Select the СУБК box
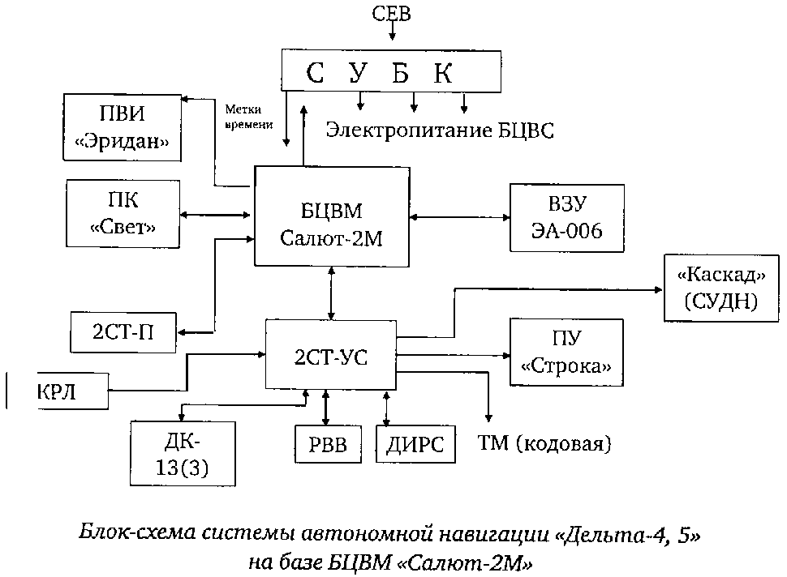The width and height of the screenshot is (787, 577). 389,71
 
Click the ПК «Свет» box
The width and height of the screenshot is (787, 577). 122,213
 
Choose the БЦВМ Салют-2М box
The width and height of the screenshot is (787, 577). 333,216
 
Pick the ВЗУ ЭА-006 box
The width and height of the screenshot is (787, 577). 567,219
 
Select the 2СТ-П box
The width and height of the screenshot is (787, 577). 124,331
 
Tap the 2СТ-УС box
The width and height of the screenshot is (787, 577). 331,354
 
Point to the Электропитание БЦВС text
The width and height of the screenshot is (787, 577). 441,131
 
